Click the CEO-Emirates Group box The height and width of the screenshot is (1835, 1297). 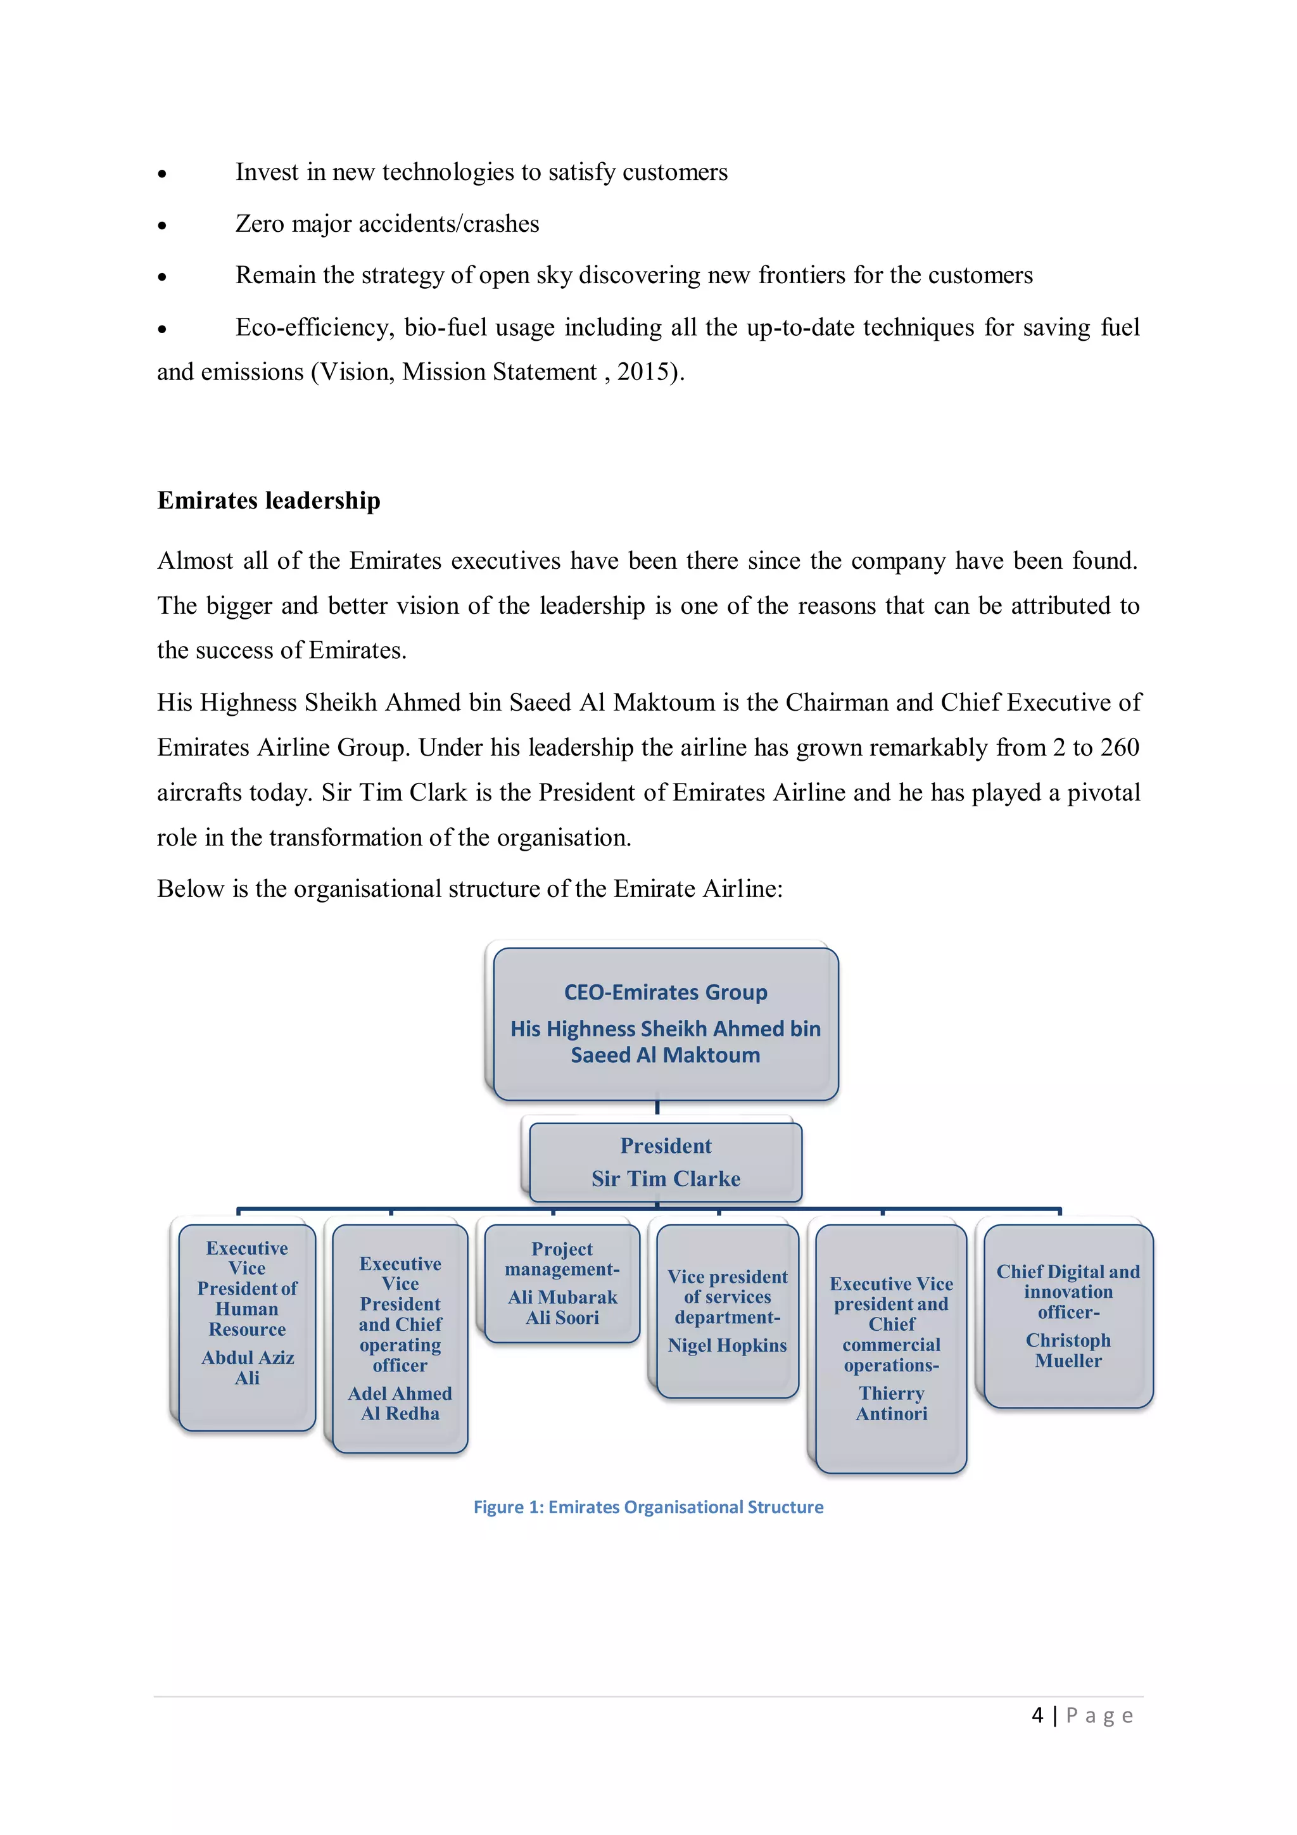coord(665,1023)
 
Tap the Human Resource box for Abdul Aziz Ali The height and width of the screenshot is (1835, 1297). coord(247,1327)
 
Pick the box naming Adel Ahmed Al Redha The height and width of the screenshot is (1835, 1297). coord(400,1338)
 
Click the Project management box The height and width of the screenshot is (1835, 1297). coord(562,1283)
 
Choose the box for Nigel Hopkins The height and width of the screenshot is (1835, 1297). coord(727,1311)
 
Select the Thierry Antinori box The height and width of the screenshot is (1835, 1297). coord(891,1349)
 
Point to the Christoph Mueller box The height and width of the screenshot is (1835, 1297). coord(1068,1316)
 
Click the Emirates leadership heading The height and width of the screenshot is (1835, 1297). coord(269,500)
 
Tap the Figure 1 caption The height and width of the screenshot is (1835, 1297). coord(648,1506)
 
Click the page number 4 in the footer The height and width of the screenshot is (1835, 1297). coord(1037,1715)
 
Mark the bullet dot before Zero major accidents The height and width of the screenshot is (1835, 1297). coord(162,226)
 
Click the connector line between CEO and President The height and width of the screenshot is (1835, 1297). coord(657,1108)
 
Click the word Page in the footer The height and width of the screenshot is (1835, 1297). coord(1099,1715)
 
